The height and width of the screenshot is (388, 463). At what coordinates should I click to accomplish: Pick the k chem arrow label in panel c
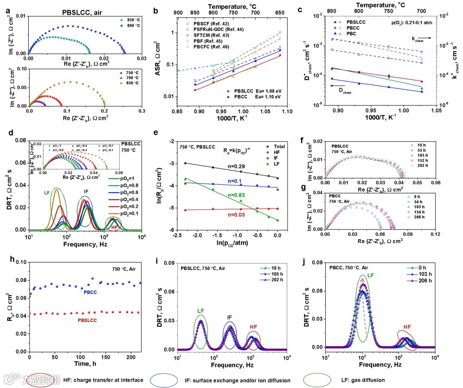pyautogui.click(x=421, y=39)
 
